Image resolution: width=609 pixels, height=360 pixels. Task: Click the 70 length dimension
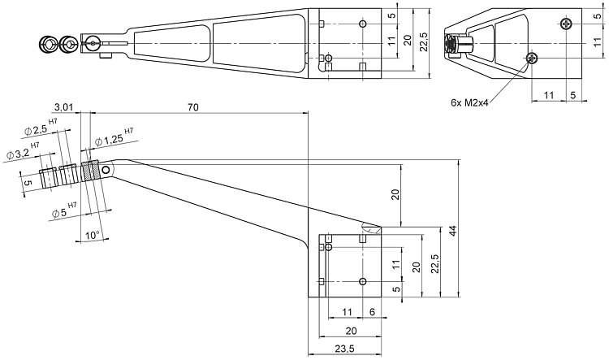coord(193,107)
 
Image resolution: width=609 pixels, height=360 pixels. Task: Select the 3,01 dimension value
coord(63,107)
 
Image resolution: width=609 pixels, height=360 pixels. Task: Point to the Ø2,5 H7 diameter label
coord(41,128)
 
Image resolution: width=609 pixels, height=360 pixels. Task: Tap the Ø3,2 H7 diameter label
coord(23,151)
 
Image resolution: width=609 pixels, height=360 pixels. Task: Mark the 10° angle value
coord(93,235)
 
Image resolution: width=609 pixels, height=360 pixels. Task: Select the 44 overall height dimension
coord(452,230)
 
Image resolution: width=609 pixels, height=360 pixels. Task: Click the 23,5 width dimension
coord(344,349)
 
